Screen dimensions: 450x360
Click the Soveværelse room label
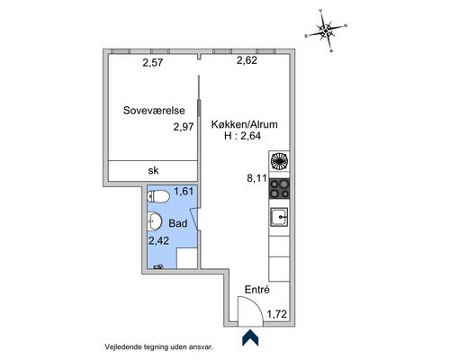154,111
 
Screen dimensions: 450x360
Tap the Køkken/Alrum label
244,124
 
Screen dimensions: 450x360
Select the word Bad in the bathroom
178,223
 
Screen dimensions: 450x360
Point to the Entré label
257,290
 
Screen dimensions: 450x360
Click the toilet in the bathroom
158,196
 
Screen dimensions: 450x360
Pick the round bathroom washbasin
155,221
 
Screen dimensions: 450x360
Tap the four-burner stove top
279,189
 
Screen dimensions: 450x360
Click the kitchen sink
279,217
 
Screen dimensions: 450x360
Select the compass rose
326,31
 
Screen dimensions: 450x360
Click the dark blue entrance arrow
250,337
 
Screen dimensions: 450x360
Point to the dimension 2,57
153,63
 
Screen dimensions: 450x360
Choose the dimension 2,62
247,60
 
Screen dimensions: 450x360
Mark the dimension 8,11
256,178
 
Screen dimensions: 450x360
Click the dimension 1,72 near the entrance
277,314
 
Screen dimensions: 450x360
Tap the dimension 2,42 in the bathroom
158,240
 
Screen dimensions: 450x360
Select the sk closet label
153,170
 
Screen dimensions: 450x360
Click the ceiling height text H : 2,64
242,136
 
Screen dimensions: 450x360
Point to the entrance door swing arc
256,303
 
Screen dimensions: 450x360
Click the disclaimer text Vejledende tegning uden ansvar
159,347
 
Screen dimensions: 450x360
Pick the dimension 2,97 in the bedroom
184,127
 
